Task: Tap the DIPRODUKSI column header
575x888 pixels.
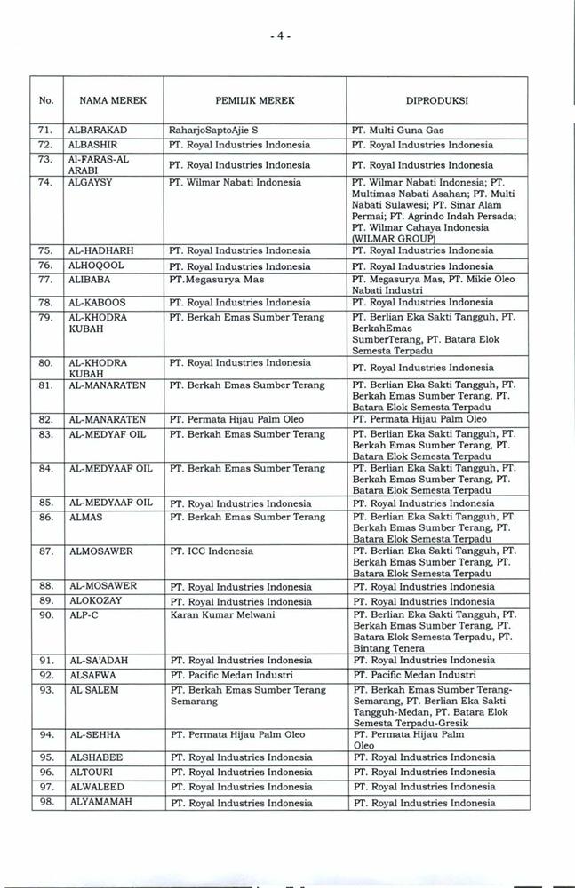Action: point(438,101)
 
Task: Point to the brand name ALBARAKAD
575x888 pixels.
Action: point(99,130)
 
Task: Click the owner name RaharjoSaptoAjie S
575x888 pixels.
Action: point(212,130)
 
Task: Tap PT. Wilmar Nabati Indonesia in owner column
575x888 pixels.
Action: point(236,182)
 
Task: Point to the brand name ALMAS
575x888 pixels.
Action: point(85,517)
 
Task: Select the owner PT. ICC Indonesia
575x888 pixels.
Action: point(212,551)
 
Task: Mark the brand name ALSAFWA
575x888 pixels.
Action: point(92,675)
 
